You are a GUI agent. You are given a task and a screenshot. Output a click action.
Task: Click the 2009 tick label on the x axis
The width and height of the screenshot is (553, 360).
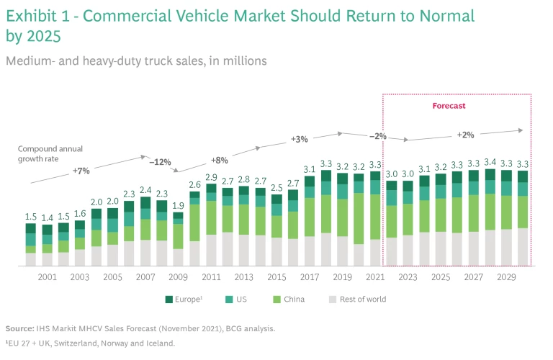[178, 276]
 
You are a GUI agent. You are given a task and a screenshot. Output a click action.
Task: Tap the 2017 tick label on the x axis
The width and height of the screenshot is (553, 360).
[310, 276]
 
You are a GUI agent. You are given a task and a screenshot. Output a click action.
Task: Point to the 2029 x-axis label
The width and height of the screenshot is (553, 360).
[505, 276]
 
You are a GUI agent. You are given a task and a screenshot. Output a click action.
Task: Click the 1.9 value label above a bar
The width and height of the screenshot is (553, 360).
[178, 206]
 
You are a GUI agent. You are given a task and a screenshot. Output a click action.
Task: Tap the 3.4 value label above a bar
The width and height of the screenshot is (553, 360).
[490, 163]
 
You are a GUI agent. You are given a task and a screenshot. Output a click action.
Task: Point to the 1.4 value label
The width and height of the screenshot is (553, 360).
[47, 217]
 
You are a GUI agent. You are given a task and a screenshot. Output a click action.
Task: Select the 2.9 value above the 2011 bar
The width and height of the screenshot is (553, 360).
[211, 177]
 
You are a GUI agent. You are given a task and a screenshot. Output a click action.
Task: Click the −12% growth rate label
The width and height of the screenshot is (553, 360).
[160, 162]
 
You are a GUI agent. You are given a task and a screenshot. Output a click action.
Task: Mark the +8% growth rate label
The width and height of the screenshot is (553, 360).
[239, 160]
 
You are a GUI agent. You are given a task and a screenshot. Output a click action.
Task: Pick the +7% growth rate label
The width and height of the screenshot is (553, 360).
[81, 171]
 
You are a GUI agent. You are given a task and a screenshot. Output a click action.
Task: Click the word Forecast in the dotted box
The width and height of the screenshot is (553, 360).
[449, 106]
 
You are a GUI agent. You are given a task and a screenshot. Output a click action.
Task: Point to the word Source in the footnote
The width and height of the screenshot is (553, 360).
[20, 328]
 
